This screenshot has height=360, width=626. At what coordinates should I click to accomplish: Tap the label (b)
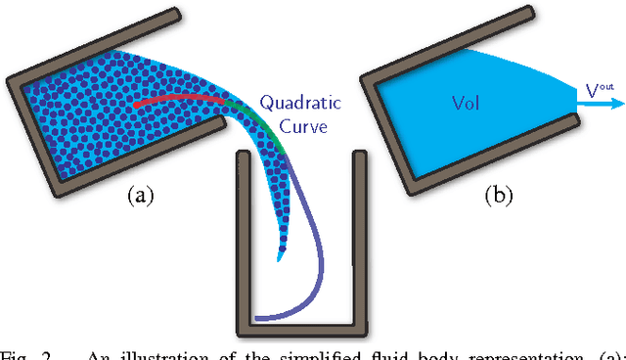click(499, 195)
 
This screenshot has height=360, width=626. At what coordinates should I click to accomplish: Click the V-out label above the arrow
click(600, 91)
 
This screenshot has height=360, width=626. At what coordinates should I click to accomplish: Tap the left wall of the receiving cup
click(243, 245)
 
